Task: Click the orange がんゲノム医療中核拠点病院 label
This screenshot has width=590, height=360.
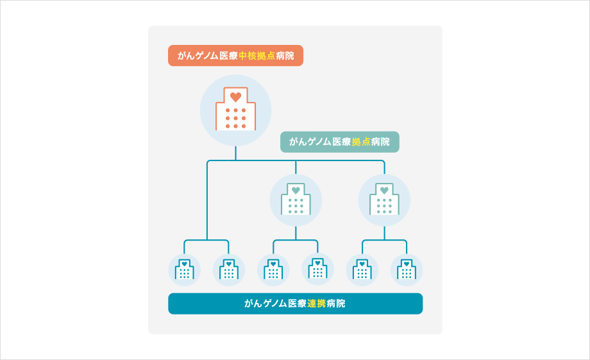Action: (x=235, y=56)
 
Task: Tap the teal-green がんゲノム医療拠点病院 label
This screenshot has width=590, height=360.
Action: (x=339, y=142)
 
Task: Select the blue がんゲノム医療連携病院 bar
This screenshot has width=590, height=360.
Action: (x=295, y=304)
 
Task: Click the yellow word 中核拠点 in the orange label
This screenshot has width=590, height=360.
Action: (x=257, y=56)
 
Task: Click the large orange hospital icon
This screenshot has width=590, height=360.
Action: (x=235, y=110)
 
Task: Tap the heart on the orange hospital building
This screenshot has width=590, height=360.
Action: (x=235, y=97)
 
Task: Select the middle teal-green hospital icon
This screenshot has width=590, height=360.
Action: (x=296, y=200)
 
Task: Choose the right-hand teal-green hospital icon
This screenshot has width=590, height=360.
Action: (x=384, y=200)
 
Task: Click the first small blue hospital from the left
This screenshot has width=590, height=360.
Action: (x=184, y=270)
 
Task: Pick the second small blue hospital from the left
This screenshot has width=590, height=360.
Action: (x=229, y=270)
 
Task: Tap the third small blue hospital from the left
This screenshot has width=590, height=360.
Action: (x=273, y=270)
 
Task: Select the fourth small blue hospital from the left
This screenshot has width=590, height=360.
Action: (x=317, y=270)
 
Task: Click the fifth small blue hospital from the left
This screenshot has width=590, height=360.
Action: (x=362, y=270)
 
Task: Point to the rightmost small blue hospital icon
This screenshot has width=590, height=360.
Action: (x=407, y=270)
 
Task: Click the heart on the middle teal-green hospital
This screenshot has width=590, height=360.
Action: (x=296, y=190)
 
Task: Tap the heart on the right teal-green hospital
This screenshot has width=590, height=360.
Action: (x=384, y=190)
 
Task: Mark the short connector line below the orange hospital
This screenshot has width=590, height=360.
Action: (x=235, y=153)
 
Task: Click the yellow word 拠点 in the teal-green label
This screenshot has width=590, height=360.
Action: (x=360, y=142)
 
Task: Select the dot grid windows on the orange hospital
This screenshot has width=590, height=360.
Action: (x=235, y=118)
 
